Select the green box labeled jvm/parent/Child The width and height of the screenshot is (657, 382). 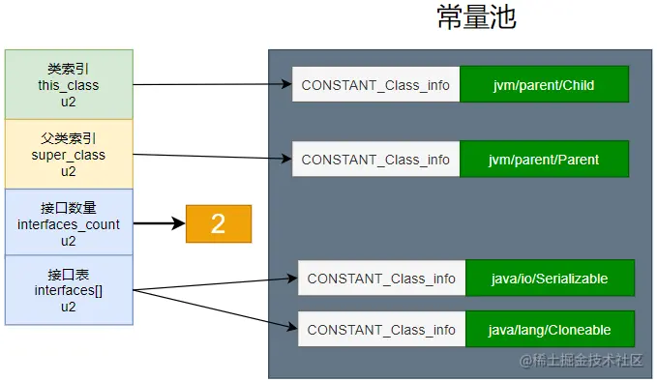544,85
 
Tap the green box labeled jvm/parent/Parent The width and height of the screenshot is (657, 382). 544,160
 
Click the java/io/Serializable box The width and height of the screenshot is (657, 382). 550,279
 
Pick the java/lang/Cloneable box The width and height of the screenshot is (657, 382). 550,330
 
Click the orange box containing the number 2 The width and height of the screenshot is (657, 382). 219,224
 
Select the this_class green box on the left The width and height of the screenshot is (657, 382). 69,84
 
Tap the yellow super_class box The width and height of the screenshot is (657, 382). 69,154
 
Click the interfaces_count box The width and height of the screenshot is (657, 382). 69,223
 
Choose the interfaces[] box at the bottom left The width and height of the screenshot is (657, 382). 69,290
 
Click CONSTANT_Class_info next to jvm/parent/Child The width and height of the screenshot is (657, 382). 375,85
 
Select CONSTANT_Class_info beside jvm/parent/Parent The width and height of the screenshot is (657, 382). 375,160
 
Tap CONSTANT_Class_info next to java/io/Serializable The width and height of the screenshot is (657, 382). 381,279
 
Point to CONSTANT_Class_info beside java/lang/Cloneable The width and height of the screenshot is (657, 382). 381,330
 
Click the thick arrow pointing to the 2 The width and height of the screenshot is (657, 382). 159,224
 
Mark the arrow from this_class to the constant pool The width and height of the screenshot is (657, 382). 213,85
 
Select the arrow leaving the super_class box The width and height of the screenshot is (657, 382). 213,156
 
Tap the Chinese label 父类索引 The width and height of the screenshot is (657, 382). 69,138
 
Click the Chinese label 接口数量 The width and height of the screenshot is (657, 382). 69,208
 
